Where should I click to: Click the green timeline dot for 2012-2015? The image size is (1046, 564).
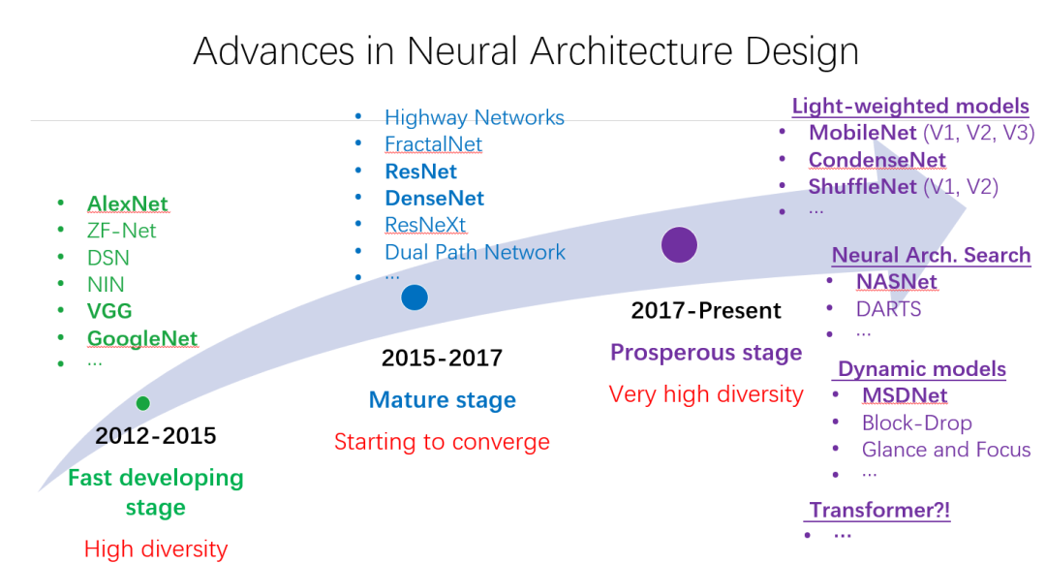click(x=142, y=403)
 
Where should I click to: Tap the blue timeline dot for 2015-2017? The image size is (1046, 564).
click(x=415, y=297)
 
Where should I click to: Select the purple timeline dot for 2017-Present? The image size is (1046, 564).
click(x=679, y=245)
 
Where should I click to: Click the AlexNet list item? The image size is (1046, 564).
click(x=128, y=204)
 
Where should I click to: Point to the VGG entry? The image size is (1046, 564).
click(x=109, y=311)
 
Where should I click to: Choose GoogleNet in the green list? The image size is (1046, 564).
click(x=142, y=338)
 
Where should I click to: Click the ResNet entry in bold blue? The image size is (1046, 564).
click(x=421, y=172)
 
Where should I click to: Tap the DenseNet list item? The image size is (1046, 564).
click(x=434, y=199)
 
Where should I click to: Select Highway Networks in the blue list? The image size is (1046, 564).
click(x=475, y=117)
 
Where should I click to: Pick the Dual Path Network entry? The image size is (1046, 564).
click(x=475, y=252)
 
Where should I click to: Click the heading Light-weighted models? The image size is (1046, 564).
click(x=910, y=107)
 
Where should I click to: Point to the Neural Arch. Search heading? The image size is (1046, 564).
click(x=932, y=255)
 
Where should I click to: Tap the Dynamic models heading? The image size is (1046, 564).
click(x=922, y=369)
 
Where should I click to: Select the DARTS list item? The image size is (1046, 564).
click(x=888, y=309)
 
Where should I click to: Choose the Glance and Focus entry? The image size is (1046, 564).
click(x=946, y=450)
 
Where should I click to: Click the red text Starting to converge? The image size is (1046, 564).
click(x=442, y=442)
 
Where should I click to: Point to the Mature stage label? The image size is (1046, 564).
click(x=443, y=400)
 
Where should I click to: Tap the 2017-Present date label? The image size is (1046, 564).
click(x=706, y=310)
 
